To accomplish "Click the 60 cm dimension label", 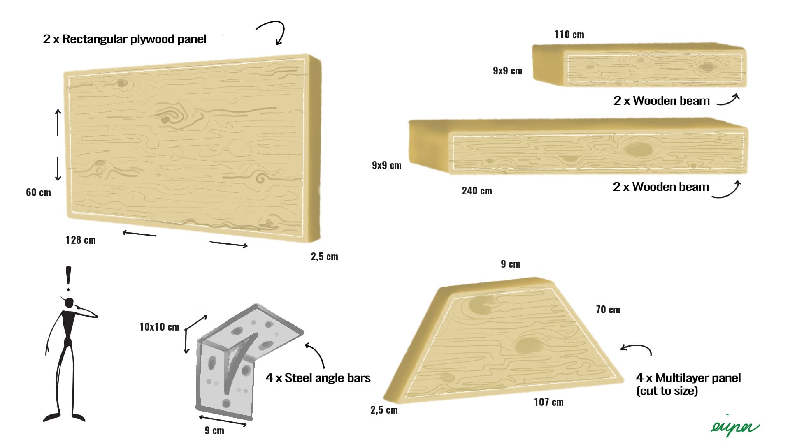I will click(38, 192).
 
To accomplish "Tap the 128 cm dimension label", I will click(81, 240).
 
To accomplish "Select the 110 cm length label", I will click(569, 35).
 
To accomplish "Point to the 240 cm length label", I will click(476, 191).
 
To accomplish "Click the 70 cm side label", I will click(608, 310).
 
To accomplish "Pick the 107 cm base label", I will click(548, 402).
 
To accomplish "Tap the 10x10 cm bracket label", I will click(159, 327).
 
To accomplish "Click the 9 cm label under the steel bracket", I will click(214, 430).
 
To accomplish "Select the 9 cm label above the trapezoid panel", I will click(510, 264).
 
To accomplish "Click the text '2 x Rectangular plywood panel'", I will click(125, 39).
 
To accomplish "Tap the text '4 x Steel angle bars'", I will click(318, 378).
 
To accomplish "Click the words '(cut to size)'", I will click(667, 391).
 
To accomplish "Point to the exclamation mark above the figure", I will click(68, 277).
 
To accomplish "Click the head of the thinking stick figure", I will click(70, 303).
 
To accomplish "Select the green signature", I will click(734, 428).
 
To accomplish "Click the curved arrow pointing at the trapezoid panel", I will click(637, 349).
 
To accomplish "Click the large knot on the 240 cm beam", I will click(639, 149).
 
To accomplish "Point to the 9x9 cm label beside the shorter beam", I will click(507, 71).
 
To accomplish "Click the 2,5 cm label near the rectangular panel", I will click(324, 257).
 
